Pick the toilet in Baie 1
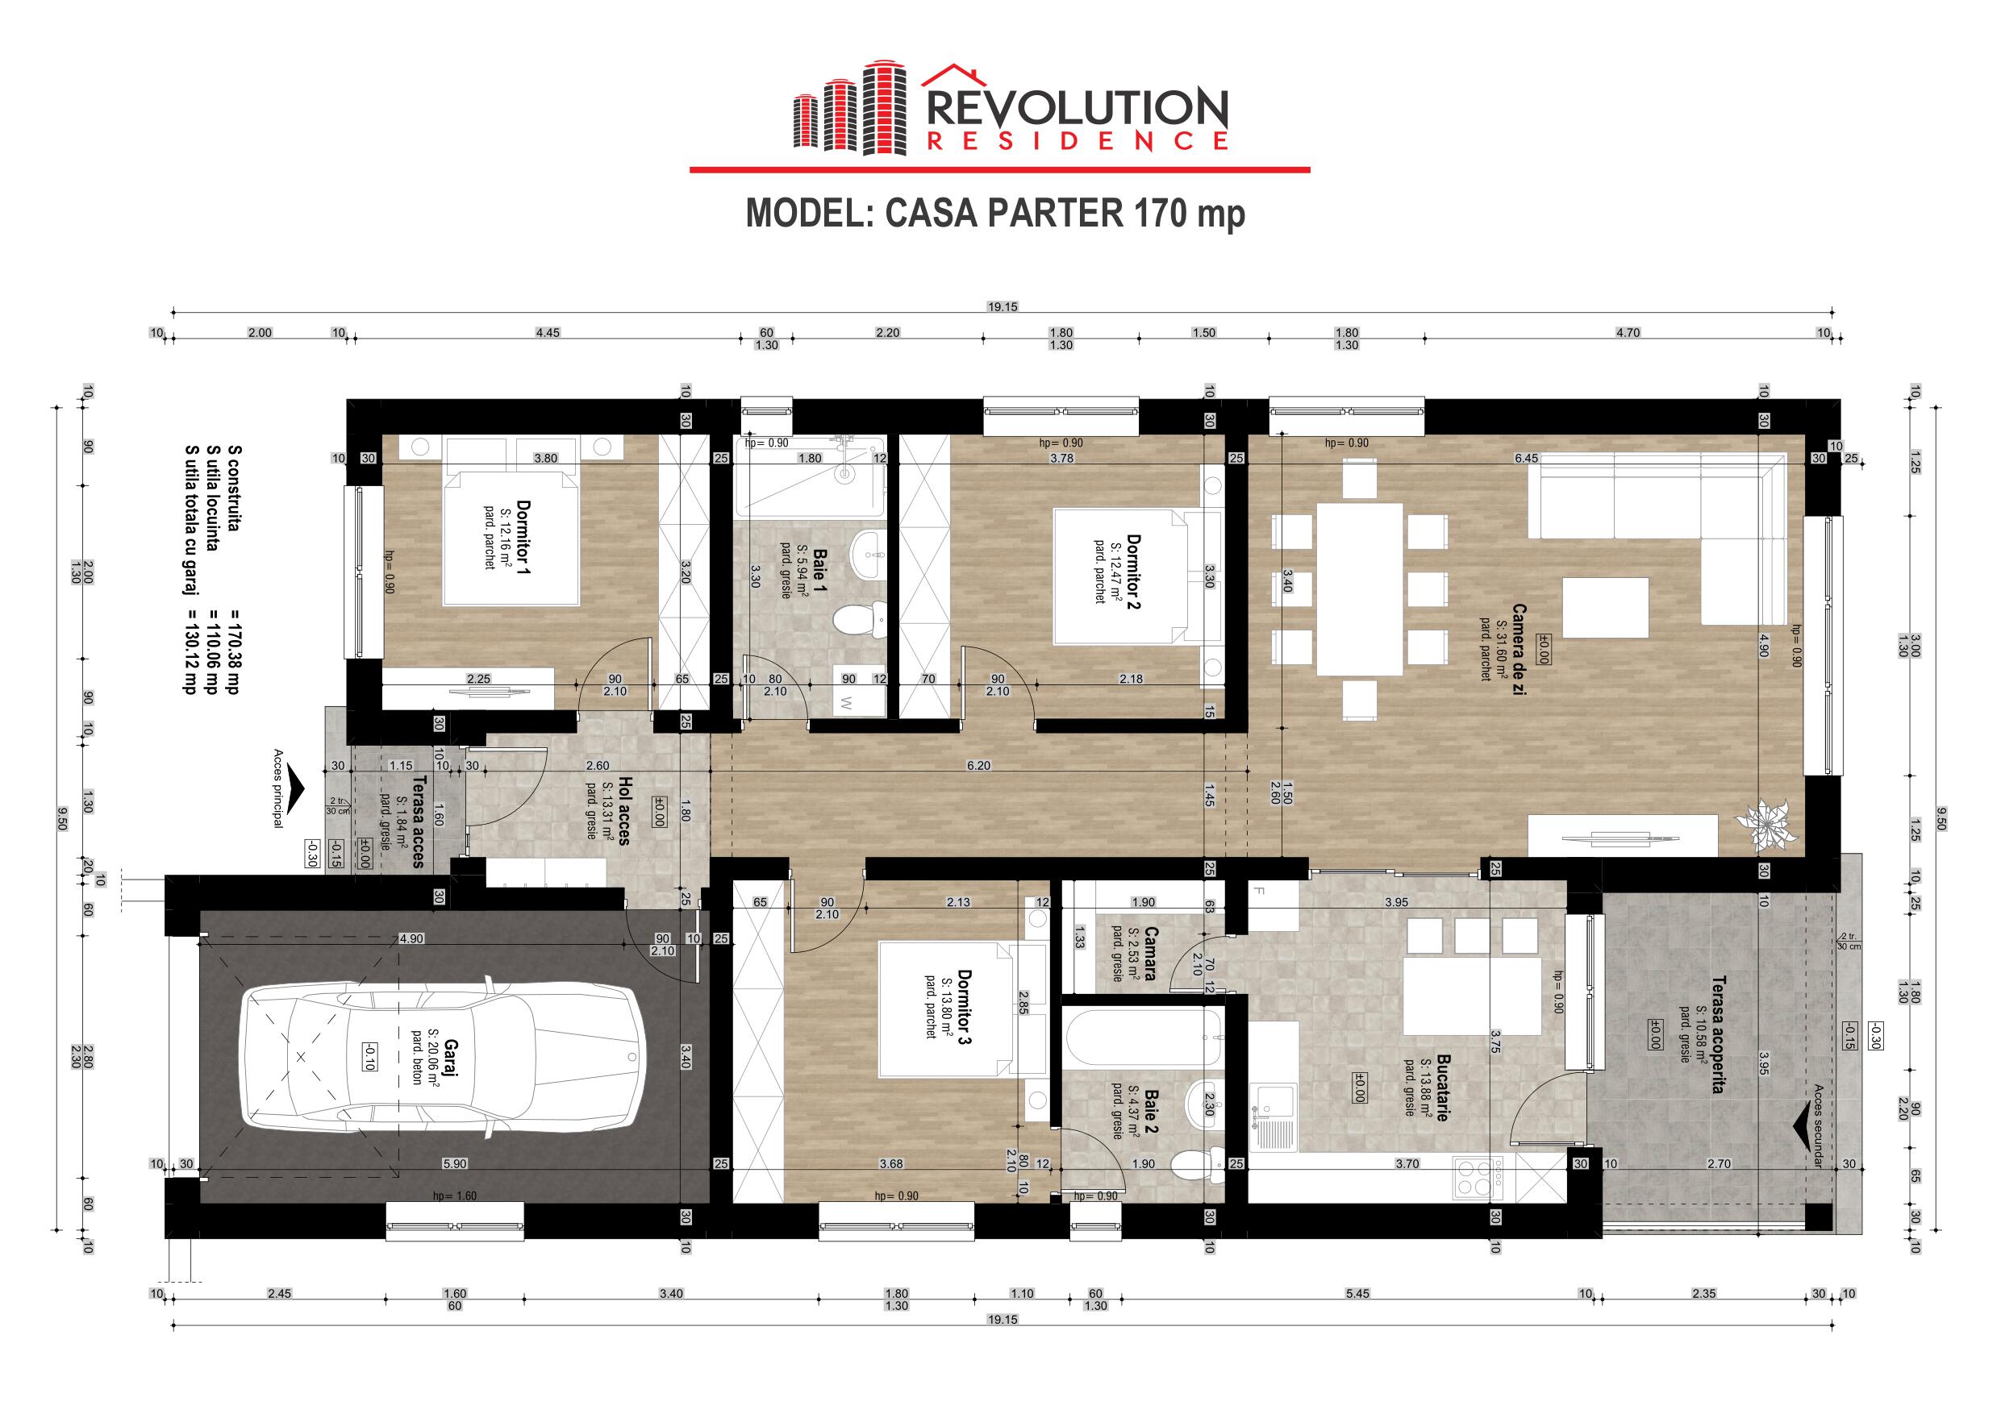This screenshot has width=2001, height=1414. coord(859,622)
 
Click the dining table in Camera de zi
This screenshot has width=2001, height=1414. coord(1360,590)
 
